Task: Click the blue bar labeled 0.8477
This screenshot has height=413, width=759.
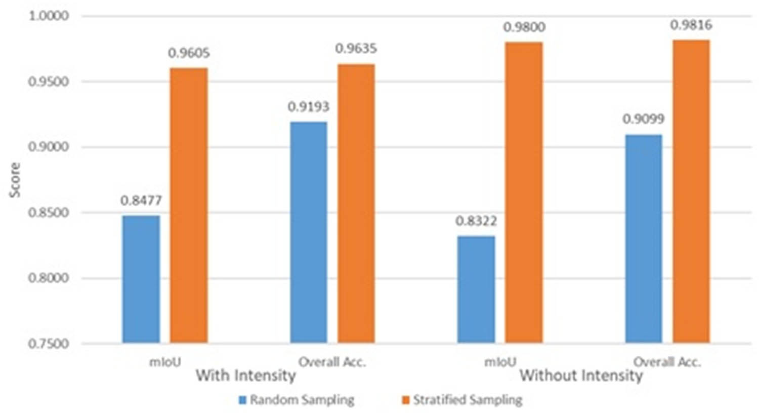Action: click(141, 279)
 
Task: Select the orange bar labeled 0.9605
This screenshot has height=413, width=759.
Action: click(189, 205)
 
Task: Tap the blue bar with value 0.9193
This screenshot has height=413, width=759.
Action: click(308, 232)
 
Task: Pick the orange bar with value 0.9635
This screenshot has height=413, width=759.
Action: click(356, 203)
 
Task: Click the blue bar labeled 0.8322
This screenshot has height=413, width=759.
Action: click(476, 289)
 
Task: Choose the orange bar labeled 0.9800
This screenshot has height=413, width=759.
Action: click(524, 193)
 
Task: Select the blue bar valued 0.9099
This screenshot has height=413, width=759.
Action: click(644, 239)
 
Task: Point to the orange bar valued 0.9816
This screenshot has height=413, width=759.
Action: click(691, 192)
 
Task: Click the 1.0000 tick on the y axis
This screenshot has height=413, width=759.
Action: click(49, 16)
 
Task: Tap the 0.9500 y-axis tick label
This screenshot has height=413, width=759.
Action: click(49, 82)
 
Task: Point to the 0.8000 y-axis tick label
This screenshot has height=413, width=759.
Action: click(49, 278)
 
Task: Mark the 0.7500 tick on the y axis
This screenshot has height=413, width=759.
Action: click(49, 344)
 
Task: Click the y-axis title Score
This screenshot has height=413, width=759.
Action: click(15, 180)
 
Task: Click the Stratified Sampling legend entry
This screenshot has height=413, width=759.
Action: click(462, 400)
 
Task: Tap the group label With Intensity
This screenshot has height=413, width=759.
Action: click(246, 376)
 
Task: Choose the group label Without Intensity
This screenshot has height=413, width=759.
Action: click(581, 376)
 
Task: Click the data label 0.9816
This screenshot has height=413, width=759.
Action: click(691, 25)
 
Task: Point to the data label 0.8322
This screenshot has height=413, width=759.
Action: click(476, 221)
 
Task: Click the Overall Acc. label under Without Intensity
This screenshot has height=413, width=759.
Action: click(667, 362)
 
